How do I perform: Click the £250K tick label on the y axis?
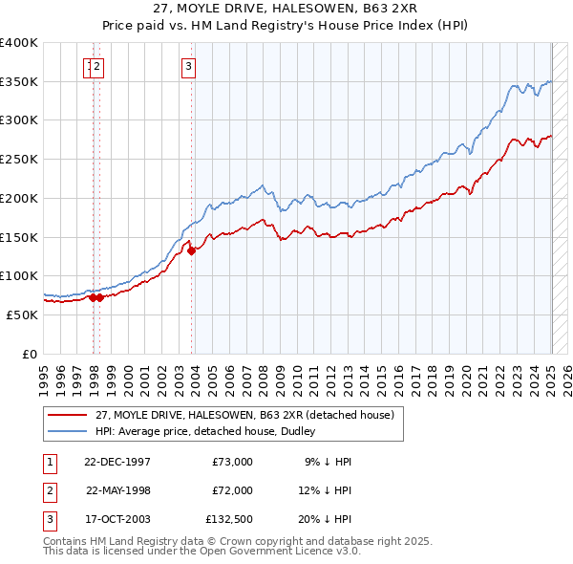18,159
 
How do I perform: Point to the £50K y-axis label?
22,315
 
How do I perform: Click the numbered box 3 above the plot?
188,66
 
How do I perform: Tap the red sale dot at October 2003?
192,251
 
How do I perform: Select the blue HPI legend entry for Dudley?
210,431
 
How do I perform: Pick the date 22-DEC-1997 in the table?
117,462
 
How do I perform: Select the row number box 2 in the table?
49,490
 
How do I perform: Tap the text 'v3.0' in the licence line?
346,552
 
